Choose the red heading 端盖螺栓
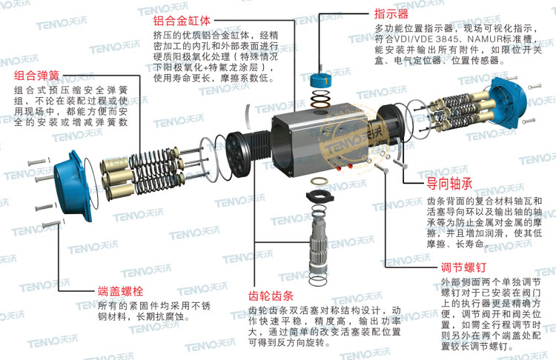tap(120, 289)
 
